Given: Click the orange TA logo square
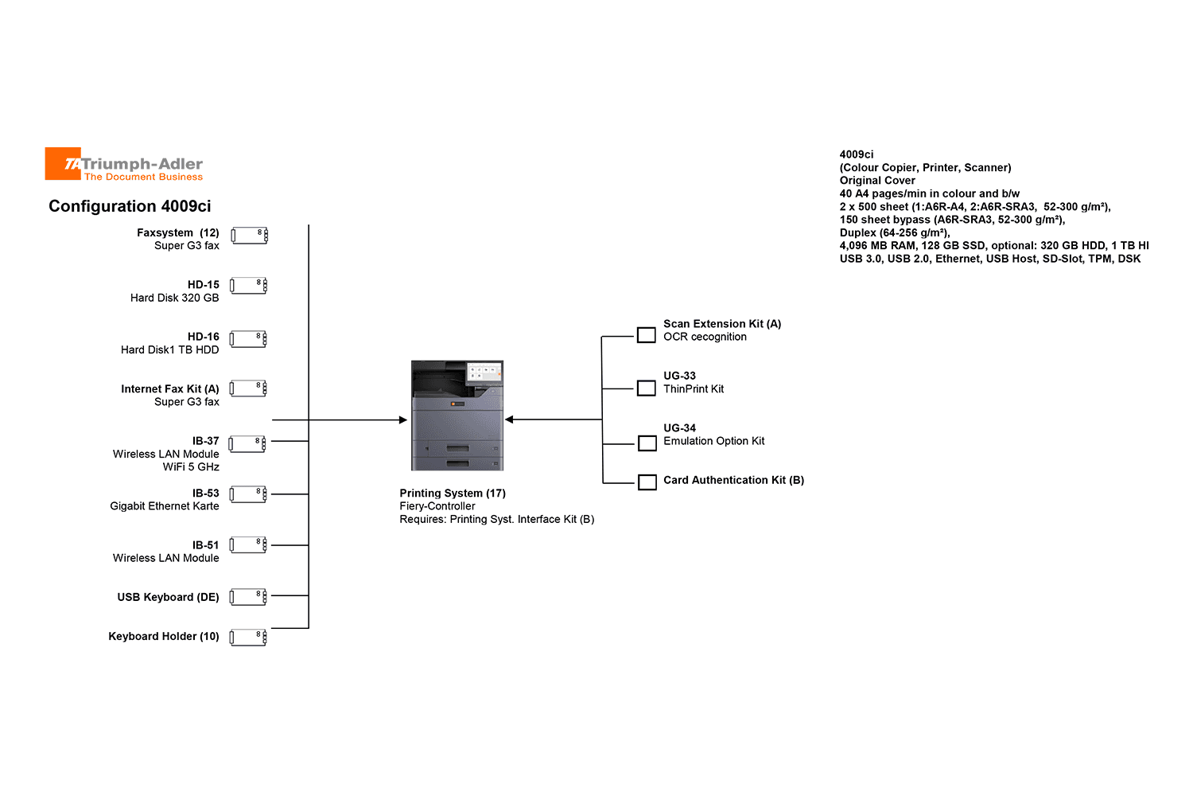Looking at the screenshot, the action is (63, 164).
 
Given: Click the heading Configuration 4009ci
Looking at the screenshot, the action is (130, 206).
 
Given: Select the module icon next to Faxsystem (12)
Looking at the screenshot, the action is (249, 236).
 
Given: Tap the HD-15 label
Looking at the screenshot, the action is (203, 285).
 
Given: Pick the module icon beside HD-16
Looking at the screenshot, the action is (248, 340).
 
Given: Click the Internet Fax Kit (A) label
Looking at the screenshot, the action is (170, 388).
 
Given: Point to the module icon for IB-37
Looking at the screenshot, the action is (247, 444).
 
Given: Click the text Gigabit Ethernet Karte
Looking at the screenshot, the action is (165, 506).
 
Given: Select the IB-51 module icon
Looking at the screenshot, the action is (248, 545).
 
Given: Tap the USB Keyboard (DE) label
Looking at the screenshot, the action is (168, 597).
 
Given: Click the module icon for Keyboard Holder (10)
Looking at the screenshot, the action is (248, 638).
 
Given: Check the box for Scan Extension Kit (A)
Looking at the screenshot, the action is (646, 335).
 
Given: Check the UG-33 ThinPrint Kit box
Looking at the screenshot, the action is (646, 388).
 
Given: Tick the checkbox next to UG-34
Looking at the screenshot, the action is (647, 443).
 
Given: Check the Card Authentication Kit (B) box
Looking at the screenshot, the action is (647, 482).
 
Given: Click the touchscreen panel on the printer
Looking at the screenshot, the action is (484, 372).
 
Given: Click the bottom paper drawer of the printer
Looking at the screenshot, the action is (457, 462).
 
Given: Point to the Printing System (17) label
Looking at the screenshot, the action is (453, 494).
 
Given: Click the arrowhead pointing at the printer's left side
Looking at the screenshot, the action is (403, 420).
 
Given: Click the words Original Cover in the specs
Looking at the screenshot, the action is (877, 181).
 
